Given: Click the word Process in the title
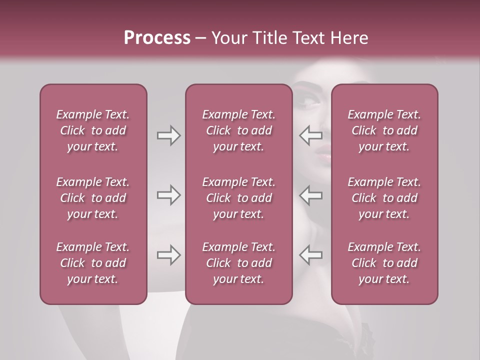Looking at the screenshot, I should coord(157,38).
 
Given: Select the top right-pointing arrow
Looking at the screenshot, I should coord(169,135).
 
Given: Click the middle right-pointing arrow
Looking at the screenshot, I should coord(169,195).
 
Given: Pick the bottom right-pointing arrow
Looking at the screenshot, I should coord(169,254).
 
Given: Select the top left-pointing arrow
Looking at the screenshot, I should coord(310,135).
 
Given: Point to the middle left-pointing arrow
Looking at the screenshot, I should coord(310,195).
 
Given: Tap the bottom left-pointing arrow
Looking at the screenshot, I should coord(310,254).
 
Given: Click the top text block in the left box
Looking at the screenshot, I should coord(93,130).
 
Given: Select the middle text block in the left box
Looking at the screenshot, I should coord(93,198).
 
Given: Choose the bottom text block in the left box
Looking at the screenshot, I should coord(93,263).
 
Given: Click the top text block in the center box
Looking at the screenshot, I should coord(238,130).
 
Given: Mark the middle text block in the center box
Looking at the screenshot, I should coord(238,198).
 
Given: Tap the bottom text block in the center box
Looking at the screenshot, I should coord(238,263).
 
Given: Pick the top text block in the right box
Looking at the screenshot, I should coord(384,130).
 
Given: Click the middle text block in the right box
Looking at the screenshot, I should coord(384,198).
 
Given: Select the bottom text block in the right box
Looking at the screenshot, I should coord(384,263).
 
